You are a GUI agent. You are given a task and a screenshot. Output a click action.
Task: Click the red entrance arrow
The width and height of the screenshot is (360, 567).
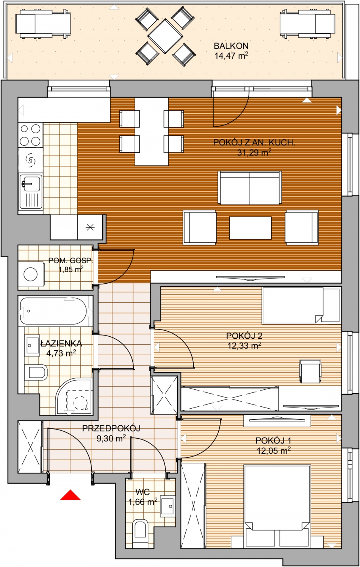click(x=70, y=495)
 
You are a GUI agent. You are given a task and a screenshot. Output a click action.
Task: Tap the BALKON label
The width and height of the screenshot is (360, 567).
click(x=231, y=46)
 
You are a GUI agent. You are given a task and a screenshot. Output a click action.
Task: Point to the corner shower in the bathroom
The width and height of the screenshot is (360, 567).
click(x=74, y=397)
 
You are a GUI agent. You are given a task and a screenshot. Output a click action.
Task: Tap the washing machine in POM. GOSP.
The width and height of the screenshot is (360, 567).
click(x=31, y=274)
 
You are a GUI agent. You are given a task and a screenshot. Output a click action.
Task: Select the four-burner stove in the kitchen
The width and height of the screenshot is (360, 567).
click(x=30, y=135)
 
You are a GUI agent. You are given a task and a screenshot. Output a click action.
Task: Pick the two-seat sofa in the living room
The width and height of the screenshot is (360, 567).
click(x=250, y=187)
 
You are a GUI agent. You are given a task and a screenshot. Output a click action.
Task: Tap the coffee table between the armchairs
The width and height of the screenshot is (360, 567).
click(x=250, y=228)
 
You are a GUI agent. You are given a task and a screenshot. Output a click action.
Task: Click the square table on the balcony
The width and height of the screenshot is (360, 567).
click(x=165, y=36)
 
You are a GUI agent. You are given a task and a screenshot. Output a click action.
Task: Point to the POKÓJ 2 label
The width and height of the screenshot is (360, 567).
click(x=244, y=336)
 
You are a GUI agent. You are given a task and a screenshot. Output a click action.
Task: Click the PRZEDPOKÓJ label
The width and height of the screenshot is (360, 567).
click(x=111, y=428)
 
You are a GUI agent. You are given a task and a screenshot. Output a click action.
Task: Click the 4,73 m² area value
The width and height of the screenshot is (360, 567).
click(x=61, y=353)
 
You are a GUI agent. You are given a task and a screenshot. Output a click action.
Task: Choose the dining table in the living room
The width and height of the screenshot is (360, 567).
click(x=152, y=132)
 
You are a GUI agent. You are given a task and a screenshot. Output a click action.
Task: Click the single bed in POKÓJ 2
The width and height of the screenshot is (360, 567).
click(x=301, y=305)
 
